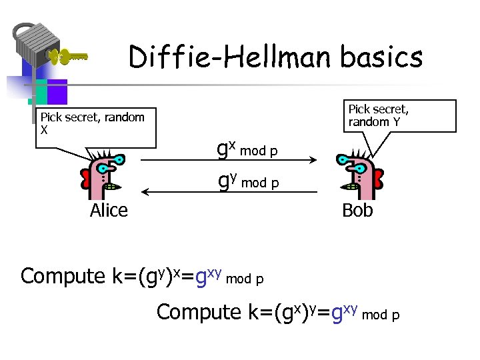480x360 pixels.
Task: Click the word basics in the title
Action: [381, 57]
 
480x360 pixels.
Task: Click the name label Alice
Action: [109, 211]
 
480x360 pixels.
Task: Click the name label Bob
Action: [357, 211]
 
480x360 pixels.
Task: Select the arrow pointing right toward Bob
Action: [267, 160]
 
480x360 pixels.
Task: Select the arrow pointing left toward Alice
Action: [200, 193]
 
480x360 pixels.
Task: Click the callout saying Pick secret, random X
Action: [93, 124]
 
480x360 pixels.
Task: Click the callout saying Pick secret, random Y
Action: [379, 115]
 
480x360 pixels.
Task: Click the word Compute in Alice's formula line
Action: [63, 276]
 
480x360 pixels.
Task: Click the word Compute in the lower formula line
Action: [198, 312]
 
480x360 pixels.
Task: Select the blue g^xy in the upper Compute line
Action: [206, 275]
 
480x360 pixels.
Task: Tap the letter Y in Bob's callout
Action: [396, 122]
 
